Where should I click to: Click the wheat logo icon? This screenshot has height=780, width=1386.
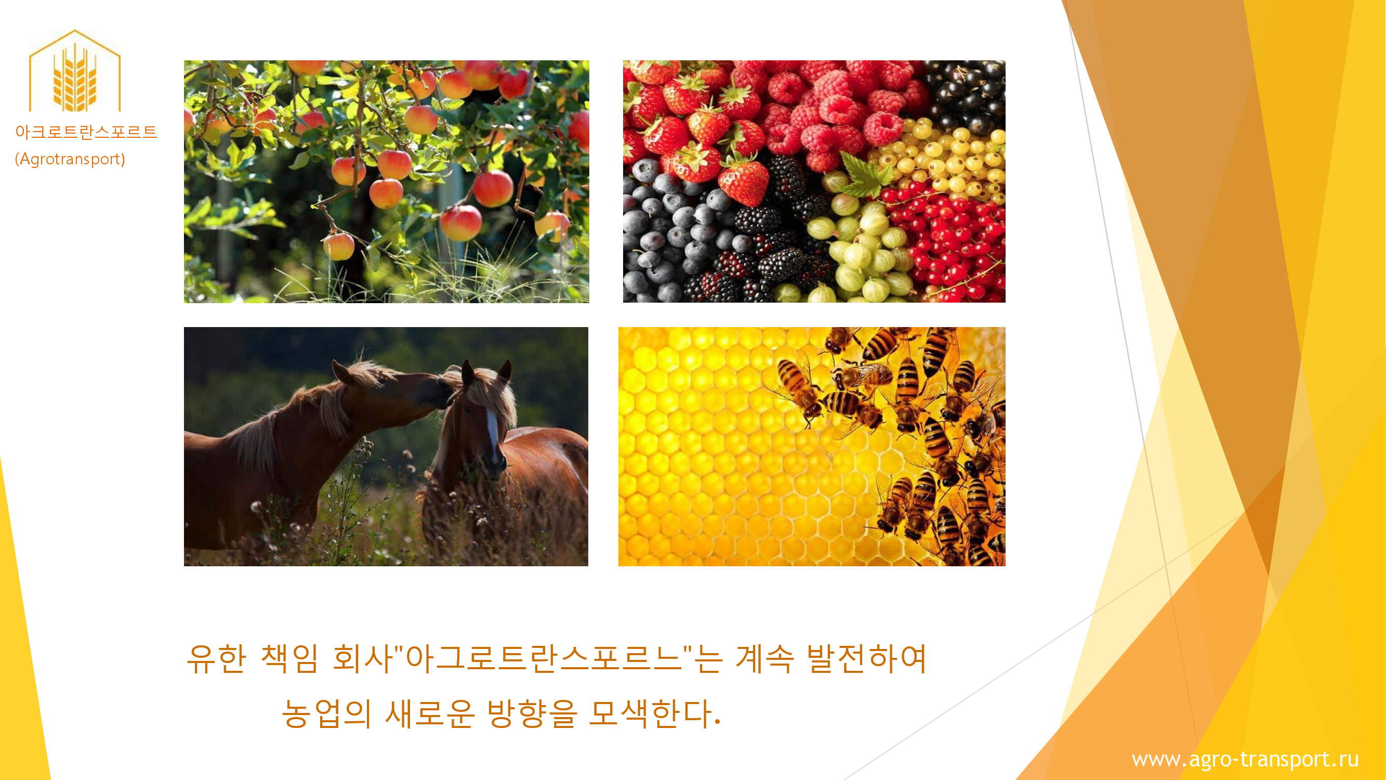pos(74,71)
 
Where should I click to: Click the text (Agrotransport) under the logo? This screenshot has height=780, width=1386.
pos(70,159)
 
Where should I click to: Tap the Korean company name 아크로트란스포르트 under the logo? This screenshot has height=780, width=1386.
pos(86,132)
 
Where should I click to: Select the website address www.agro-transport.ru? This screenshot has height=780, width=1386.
pos(1245,759)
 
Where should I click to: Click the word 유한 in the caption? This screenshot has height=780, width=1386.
pos(216,658)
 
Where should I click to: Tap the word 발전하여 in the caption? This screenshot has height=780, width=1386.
pos(867,658)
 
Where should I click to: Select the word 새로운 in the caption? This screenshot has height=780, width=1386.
pos(430,714)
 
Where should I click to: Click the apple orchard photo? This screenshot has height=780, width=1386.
pos(386,181)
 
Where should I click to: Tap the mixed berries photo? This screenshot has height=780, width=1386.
pos(814,181)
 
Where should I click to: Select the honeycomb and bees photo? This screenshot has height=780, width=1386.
pos(811,446)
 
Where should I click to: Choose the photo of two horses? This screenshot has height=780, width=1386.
pos(386,446)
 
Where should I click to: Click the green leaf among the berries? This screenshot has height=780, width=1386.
pos(866,173)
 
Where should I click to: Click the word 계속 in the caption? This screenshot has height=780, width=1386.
pos(764,658)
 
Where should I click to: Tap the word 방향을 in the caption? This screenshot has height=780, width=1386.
pos(532,714)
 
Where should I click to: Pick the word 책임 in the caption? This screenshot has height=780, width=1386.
pos(289,658)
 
